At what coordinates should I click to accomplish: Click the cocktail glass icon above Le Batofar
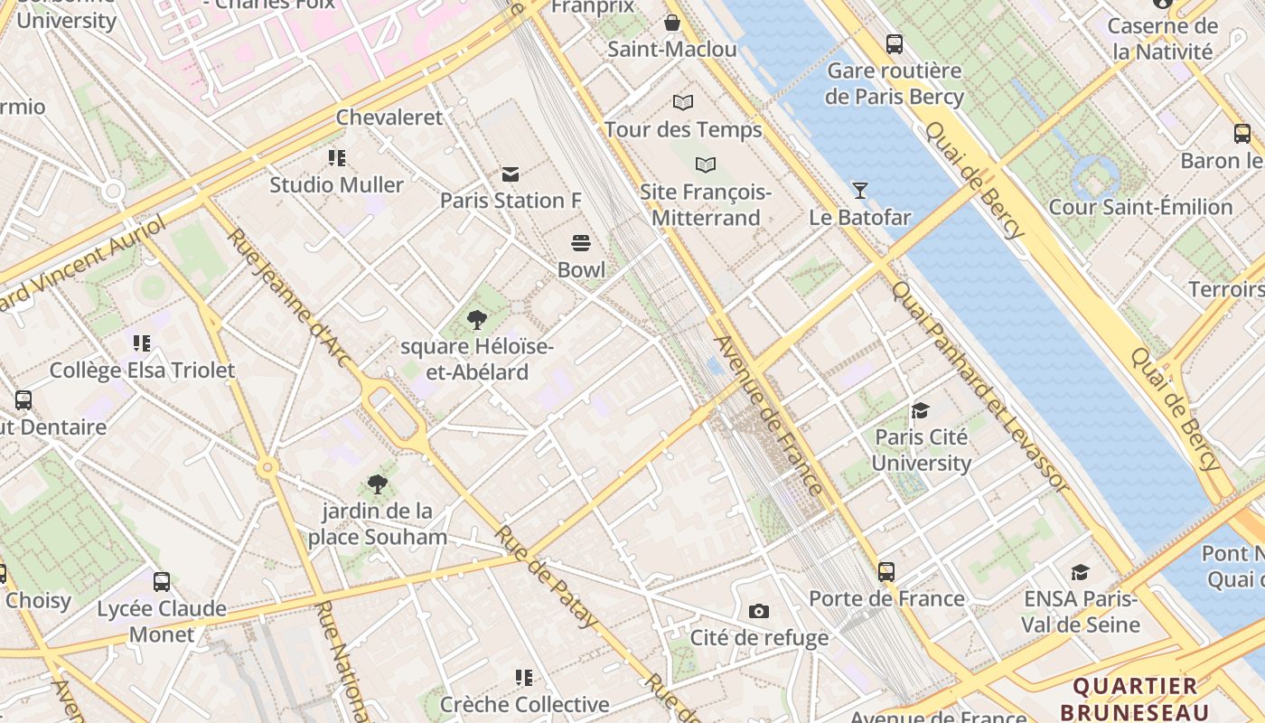coord(859,190)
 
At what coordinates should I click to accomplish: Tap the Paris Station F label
coord(511,201)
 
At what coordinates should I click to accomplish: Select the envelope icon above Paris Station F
coord(511,174)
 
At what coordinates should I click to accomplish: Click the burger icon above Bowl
coord(581,243)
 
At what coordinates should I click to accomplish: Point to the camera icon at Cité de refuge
coord(759,612)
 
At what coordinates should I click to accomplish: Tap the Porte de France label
coord(886,598)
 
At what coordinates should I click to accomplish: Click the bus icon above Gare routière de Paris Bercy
coord(895,43)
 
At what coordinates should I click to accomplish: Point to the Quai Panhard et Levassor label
coord(979,389)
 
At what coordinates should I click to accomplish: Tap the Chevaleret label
coord(389,117)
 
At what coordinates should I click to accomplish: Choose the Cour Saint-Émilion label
coord(1140,207)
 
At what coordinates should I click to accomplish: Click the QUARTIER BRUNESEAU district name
coord(1135,698)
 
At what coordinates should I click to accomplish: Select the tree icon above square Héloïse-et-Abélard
coord(476,320)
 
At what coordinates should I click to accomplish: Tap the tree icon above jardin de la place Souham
coord(378,485)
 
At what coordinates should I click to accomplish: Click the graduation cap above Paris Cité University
coord(921,411)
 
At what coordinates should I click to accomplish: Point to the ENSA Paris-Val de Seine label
coord(1080,611)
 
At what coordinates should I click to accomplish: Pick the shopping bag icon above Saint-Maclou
coord(672,23)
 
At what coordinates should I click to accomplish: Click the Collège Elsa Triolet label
coord(142,371)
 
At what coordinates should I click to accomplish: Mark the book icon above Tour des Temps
coord(683,103)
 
